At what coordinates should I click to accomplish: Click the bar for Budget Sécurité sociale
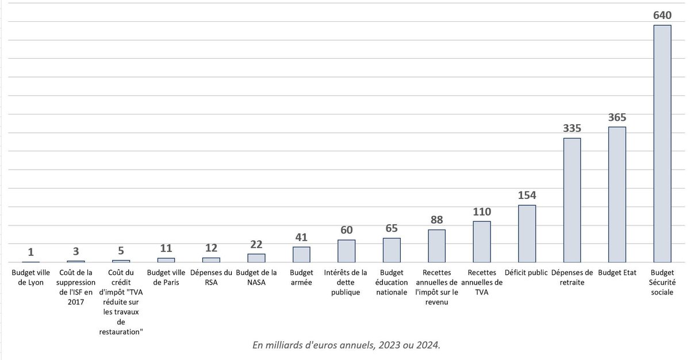(x=662, y=144)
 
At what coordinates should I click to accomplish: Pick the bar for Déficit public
(x=527, y=233)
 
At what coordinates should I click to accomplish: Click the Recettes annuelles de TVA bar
(x=482, y=242)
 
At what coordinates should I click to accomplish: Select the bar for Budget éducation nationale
(x=392, y=250)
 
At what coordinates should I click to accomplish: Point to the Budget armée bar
(x=301, y=254)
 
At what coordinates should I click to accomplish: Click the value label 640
(x=662, y=16)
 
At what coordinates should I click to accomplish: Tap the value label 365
(x=617, y=117)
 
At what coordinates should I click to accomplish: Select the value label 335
(x=572, y=128)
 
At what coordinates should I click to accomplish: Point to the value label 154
(x=527, y=196)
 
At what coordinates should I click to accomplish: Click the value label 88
(x=437, y=220)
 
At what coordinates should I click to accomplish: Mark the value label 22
(x=256, y=244)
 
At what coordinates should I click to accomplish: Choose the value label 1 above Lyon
(x=30, y=252)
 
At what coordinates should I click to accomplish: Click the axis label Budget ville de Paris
(x=166, y=277)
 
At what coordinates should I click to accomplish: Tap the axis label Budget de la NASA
(x=256, y=277)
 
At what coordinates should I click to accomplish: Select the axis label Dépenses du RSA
(x=211, y=277)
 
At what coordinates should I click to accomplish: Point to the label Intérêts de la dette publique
(x=346, y=282)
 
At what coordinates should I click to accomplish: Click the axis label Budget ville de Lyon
(x=30, y=277)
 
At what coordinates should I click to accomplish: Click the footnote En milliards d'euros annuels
(x=347, y=344)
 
